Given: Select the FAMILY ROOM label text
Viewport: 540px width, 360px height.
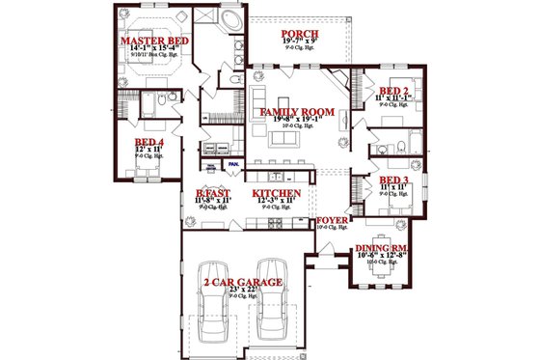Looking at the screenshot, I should click(x=298, y=113).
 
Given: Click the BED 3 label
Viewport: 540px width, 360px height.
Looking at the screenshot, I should click(x=393, y=180).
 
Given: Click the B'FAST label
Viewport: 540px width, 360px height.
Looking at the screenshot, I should click(x=212, y=194).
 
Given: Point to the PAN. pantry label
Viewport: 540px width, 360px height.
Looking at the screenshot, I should click(x=234, y=164).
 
